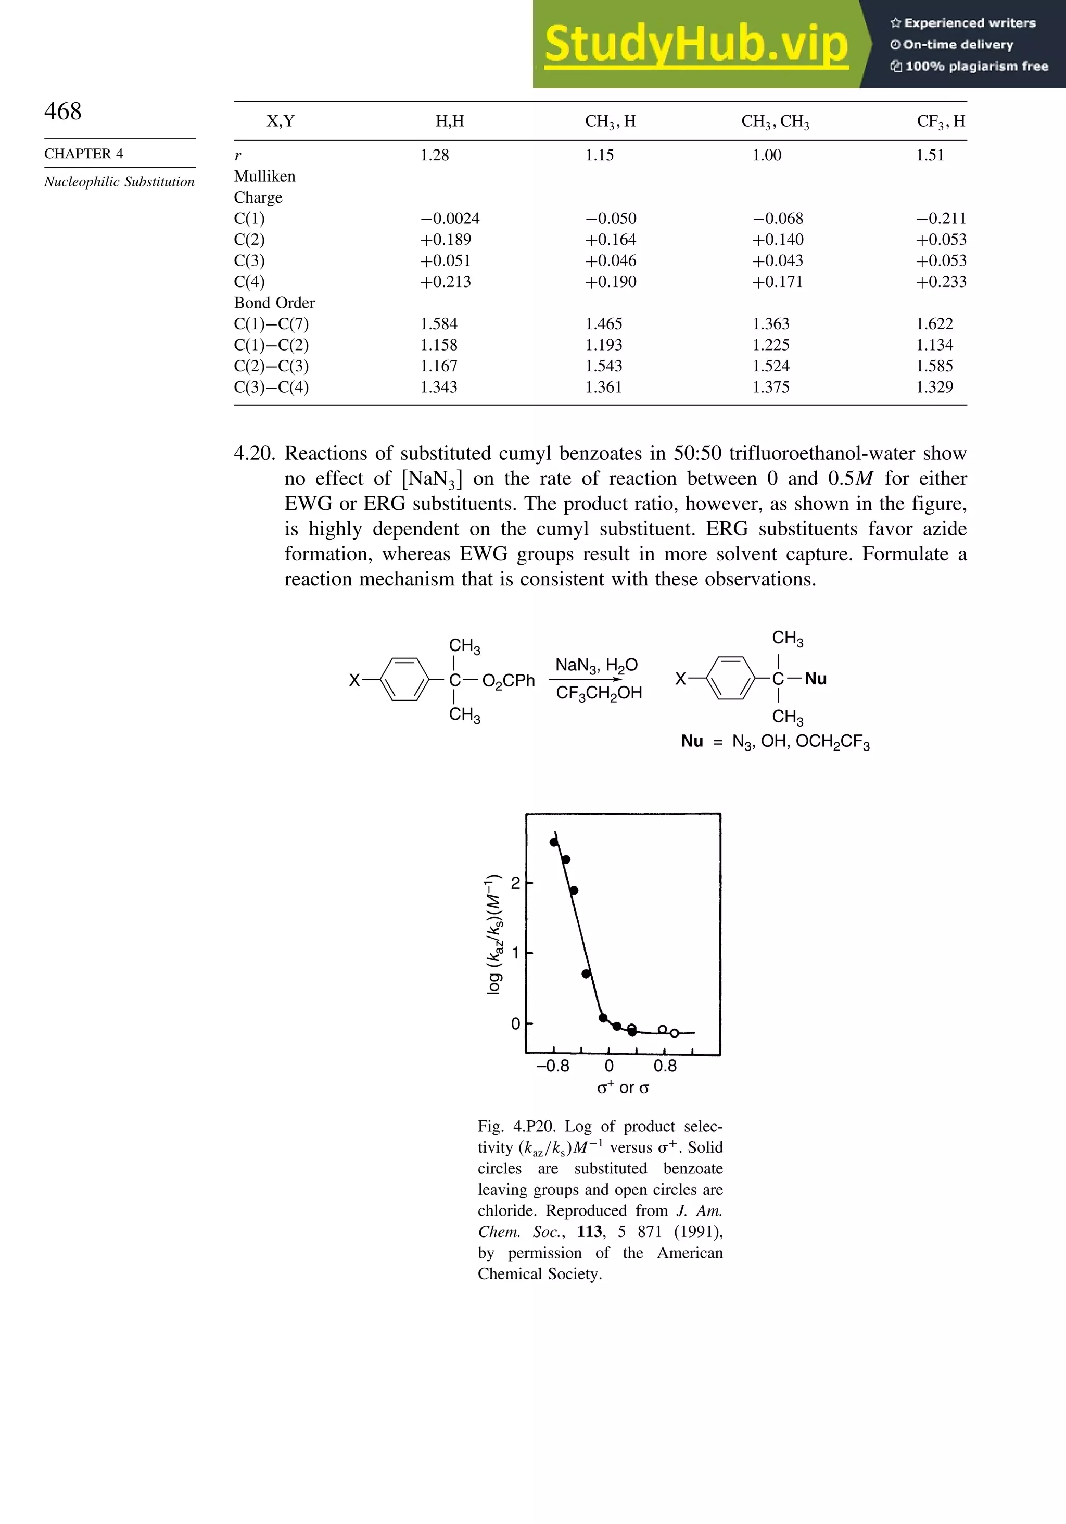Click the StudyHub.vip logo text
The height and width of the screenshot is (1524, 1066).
(696, 44)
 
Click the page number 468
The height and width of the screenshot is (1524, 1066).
(63, 111)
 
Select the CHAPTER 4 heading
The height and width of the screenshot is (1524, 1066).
(84, 153)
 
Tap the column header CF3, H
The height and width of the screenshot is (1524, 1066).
(941, 121)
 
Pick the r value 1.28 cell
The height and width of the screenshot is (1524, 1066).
(435, 155)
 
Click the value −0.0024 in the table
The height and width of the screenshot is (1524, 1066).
(450, 218)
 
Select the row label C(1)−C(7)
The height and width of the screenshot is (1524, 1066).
(271, 324)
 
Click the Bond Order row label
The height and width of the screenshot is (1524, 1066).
(274, 303)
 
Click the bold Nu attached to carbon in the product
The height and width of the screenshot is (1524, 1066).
(815, 679)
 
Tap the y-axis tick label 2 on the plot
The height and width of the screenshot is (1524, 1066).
(515, 883)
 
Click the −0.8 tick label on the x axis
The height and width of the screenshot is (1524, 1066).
(553, 1066)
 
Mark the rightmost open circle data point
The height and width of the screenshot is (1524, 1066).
(674, 1033)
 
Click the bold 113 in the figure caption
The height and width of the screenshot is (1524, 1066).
(589, 1232)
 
